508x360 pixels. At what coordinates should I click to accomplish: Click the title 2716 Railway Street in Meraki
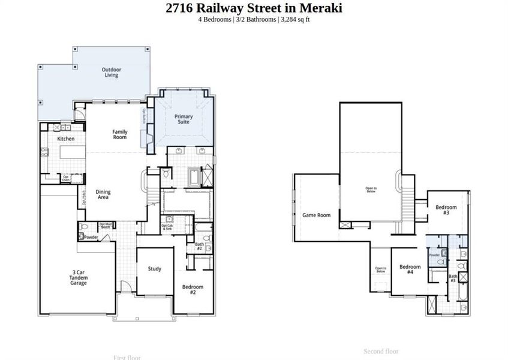click(x=254, y=8)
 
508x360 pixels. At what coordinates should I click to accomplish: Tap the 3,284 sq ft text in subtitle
click(x=294, y=19)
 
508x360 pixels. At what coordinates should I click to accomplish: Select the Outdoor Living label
click(x=110, y=72)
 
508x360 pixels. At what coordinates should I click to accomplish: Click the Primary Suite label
click(x=184, y=119)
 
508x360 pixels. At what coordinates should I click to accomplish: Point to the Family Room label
click(x=120, y=134)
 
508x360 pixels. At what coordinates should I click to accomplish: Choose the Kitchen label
click(x=66, y=139)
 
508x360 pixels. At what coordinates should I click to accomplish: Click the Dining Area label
click(x=103, y=194)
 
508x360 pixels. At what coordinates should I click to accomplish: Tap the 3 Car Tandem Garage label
click(x=78, y=277)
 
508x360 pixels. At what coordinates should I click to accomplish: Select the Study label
click(x=154, y=269)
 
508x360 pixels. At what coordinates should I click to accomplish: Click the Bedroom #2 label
click(x=193, y=289)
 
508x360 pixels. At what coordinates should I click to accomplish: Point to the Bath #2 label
click(x=199, y=246)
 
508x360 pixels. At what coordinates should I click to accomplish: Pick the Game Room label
click(x=316, y=215)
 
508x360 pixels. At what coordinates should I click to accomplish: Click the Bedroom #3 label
click(x=446, y=210)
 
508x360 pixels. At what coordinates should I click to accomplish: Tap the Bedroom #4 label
click(x=410, y=269)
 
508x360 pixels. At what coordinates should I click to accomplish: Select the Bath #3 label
click(x=453, y=278)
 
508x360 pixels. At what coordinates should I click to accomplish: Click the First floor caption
click(x=127, y=358)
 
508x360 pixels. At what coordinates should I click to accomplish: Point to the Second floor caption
click(x=381, y=351)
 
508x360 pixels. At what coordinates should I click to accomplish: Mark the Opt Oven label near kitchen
click(x=66, y=177)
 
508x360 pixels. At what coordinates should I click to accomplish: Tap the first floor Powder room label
click(x=91, y=237)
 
